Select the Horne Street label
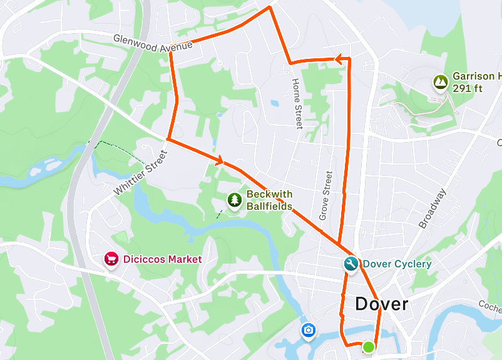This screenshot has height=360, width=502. click(x=297, y=103)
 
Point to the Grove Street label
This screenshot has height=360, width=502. click(x=325, y=195)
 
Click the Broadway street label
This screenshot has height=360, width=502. click(x=432, y=208)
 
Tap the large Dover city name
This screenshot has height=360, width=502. click(x=381, y=305)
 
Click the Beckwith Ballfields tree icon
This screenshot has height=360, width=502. click(x=235, y=200)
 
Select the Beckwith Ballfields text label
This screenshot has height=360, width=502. click(x=269, y=200)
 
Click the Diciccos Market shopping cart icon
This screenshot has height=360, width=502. click(x=111, y=259)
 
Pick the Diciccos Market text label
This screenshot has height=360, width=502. click(x=162, y=259)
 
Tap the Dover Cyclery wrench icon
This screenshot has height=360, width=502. click(x=351, y=264)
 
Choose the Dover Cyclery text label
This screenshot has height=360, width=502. click(x=397, y=264)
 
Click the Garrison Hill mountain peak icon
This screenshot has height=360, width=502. click(x=441, y=81)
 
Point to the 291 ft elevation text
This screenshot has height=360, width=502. click(x=468, y=88)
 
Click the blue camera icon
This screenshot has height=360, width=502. click(x=308, y=330)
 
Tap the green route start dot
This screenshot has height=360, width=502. click(x=369, y=347)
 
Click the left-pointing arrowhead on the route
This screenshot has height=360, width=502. click(x=338, y=59)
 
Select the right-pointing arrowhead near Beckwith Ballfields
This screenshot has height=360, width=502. click(x=219, y=162)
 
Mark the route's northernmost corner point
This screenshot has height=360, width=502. click(x=270, y=8)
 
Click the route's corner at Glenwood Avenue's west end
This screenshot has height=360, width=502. click(x=170, y=53)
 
